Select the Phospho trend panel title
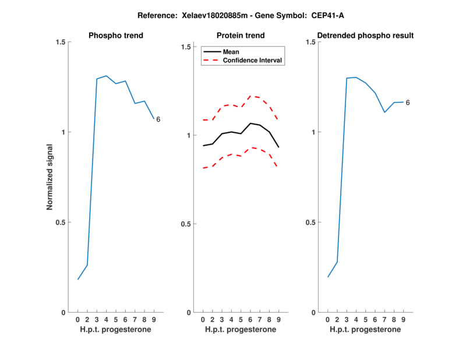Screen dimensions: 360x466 (115, 36)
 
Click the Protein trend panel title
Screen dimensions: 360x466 (241, 36)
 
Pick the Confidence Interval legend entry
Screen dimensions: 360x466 (253, 60)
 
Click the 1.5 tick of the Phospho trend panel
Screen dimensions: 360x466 (59, 42)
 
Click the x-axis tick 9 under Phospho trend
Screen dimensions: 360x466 (154, 320)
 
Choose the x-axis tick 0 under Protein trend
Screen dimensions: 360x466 (203, 320)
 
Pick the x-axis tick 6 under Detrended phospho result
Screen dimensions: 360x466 (375, 320)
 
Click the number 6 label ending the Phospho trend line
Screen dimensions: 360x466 (158, 119)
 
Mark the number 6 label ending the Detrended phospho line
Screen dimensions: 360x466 (408, 103)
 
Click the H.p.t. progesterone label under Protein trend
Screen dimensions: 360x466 (241, 329)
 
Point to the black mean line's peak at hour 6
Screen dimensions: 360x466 (250, 123)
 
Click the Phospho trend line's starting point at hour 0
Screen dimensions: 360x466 (78, 279)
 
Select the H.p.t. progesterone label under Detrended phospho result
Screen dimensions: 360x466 (365, 329)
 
